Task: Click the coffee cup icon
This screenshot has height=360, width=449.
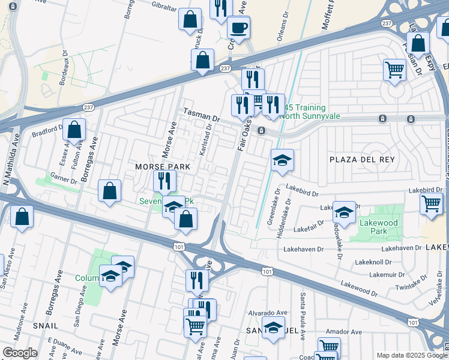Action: click(x=238, y=27)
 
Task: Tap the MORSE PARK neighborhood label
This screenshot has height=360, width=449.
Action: click(x=162, y=166)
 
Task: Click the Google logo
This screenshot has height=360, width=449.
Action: click(x=20, y=353)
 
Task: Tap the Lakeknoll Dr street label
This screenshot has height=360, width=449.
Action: click(x=373, y=262)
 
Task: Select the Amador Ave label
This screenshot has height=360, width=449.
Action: click(x=344, y=332)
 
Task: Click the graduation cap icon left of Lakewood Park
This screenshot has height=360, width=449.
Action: click(x=344, y=212)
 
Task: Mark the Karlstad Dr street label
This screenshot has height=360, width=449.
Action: click(x=208, y=143)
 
